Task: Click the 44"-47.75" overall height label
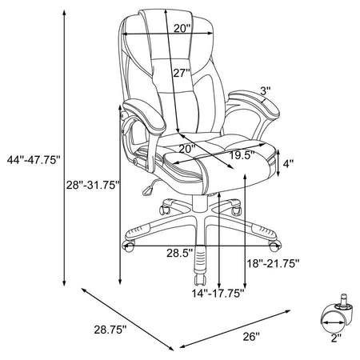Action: [34, 160]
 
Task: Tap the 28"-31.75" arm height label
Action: [93, 185]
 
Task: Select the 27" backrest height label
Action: [182, 73]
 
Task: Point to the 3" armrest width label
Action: [266, 91]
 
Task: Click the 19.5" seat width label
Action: [242, 155]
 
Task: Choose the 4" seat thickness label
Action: [288, 164]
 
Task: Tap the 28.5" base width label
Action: [180, 253]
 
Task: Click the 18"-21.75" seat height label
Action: [273, 264]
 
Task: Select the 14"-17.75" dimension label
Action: [218, 294]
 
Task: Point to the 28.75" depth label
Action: [110, 330]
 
